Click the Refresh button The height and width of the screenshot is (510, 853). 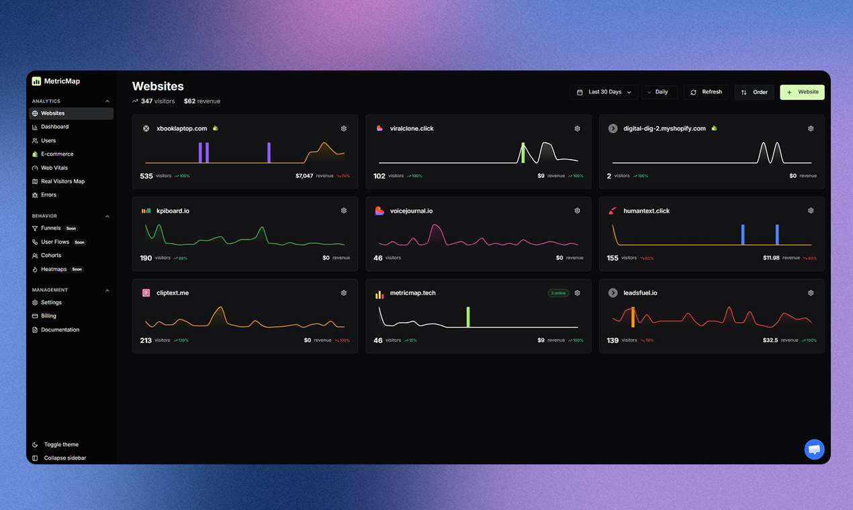(x=706, y=92)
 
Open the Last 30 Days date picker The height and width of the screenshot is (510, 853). (x=604, y=92)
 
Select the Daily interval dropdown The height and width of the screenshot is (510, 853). (x=659, y=92)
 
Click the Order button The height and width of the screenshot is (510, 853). (x=754, y=92)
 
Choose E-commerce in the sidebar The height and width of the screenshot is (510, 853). (x=57, y=154)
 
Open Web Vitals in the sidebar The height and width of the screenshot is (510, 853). (x=54, y=168)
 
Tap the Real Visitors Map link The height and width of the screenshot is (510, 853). (x=62, y=181)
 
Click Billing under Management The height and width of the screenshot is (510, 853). (x=48, y=316)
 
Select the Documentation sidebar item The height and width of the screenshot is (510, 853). (x=60, y=329)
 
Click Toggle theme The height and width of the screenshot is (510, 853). (x=60, y=444)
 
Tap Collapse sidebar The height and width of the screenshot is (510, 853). (x=64, y=458)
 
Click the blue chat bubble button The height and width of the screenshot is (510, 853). (x=814, y=450)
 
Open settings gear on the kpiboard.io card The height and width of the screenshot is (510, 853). (x=344, y=211)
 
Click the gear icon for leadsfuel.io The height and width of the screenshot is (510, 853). (x=811, y=293)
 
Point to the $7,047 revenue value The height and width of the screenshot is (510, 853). (x=304, y=176)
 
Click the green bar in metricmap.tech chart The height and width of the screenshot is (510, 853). (x=468, y=317)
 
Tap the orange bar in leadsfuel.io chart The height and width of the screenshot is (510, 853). (x=633, y=317)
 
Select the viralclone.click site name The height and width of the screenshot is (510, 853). (x=412, y=128)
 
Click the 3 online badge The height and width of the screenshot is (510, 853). (x=558, y=293)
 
